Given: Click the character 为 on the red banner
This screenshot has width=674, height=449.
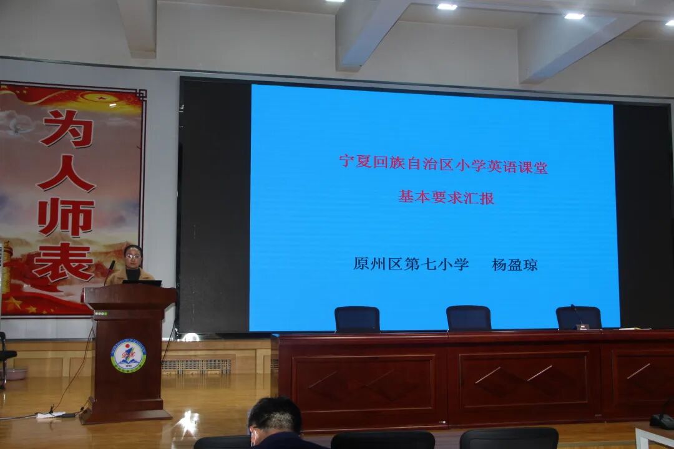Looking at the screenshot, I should (67, 128).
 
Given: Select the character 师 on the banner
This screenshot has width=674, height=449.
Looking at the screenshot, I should (66, 217).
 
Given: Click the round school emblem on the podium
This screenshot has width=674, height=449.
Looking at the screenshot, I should (129, 356).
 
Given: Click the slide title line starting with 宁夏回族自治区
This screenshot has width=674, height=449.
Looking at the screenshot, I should (443, 164).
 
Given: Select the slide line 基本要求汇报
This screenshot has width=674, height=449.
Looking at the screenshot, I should (446, 198).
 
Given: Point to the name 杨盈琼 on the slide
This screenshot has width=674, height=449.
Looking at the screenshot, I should (514, 264).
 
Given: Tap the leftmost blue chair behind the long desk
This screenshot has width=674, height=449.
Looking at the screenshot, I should (357, 319).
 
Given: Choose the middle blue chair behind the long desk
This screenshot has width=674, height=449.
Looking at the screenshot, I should (469, 318).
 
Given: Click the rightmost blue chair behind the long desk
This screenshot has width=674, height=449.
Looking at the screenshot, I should (578, 317).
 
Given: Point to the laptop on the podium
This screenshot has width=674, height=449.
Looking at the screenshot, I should (142, 282).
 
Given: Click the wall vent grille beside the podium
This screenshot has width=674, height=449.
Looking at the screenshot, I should (196, 366).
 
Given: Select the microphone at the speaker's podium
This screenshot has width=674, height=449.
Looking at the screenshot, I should (110, 269).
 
